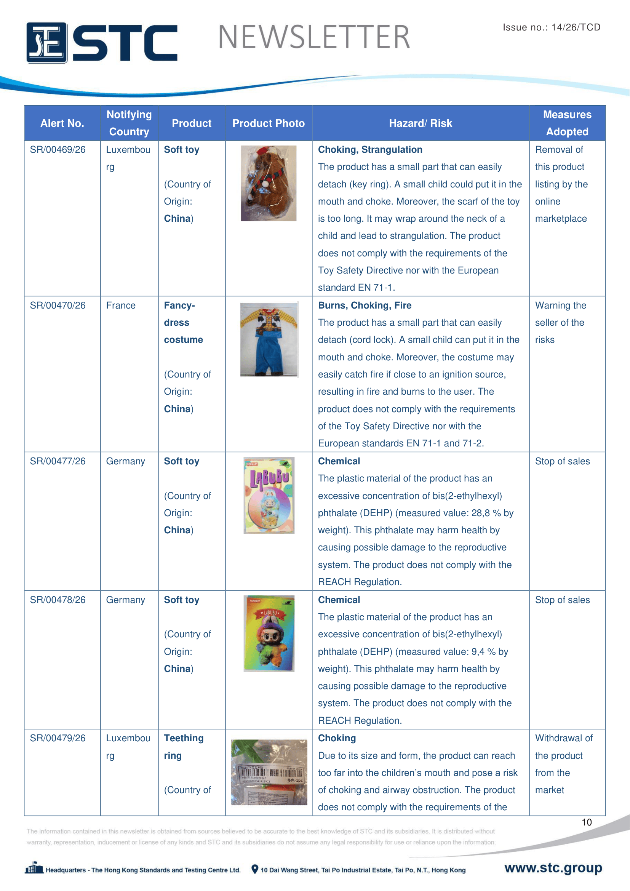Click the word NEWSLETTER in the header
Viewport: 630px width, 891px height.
[314, 37]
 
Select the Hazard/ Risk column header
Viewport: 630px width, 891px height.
[420, 123]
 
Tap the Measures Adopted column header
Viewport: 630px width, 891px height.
[567, 123]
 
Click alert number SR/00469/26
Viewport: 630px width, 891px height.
[58, 150]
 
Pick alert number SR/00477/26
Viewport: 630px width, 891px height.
[58, 461]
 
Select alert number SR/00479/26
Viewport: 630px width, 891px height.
[58, 738]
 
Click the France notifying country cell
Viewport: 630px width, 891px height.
[121, 306]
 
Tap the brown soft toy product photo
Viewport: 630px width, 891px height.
[269, 183]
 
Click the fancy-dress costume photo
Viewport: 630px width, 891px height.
[269, 339]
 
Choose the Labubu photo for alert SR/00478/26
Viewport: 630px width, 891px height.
[269, 633]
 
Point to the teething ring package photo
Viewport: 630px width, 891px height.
[269, 772]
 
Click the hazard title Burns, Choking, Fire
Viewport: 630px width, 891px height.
[364, 306]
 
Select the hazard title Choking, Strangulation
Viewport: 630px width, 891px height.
[370, 150]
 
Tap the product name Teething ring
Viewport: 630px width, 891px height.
[183, 747]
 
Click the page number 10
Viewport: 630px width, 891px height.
[586, 822]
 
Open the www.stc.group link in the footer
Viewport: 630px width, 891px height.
[553, 868]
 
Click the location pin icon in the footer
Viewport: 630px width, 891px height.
[254, 869]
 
